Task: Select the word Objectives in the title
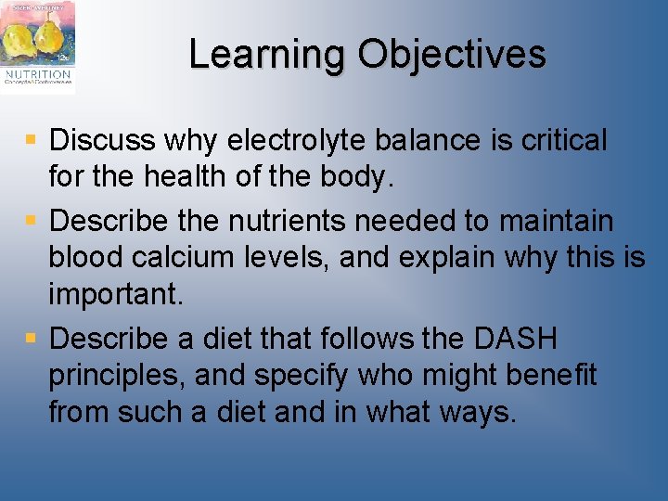[x=452, y=55]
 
